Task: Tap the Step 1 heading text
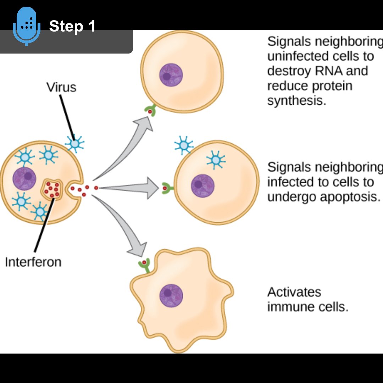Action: [x=72, y=26]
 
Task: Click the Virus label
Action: [x=61, y=87]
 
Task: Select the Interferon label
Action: [x=33, y=262]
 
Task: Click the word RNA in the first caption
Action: [x=329, y=71]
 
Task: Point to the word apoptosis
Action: [x=349, y=197]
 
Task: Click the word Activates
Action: [x=294, y=292]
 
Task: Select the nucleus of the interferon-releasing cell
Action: [x=24, y=179]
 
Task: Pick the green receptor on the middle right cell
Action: [x=166, y=188]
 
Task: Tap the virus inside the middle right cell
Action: [x=216, y=160]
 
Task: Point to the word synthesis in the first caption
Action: [x=296, y=101]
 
